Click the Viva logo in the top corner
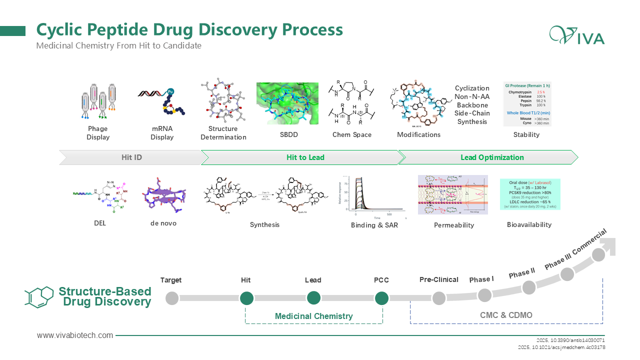coord(576,35)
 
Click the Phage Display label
coord(98,133)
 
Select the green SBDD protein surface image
coord(287,103)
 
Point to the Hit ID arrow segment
coord(131,157)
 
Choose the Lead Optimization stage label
coord(492,157)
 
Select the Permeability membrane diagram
coord(452,195)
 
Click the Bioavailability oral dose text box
coord(530,194)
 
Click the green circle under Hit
coord(246,298)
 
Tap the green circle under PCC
coord(381,298)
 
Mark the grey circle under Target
coord(171,298)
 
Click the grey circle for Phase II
coord(529,287)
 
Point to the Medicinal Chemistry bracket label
coord(313,316)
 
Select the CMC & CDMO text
coord(506,315)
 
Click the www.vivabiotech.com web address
coord(75,335)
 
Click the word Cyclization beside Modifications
coord(472,88)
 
